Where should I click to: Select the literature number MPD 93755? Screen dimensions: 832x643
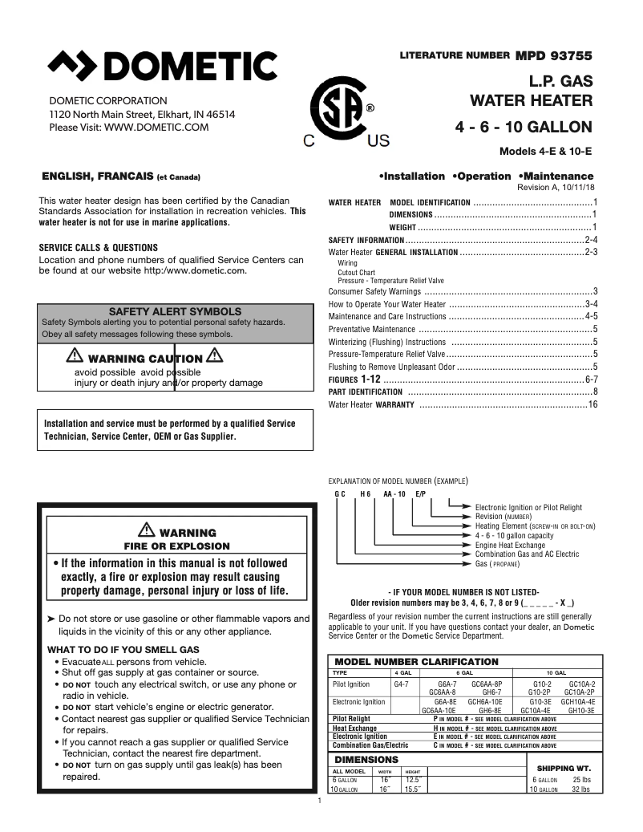click(553, 55)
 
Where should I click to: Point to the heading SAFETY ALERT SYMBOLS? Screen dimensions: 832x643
click(175, 310)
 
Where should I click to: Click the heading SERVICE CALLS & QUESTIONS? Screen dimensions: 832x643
click(99, 248)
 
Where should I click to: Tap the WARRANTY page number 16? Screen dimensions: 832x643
click(592, 404)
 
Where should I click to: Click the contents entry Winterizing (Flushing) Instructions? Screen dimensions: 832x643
click(387, 342)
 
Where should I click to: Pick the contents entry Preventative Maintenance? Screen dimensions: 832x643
click(372, 329)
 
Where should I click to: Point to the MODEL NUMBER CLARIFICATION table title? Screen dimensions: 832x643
click(416, 661)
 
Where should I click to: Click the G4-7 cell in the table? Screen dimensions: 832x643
click(401, 684)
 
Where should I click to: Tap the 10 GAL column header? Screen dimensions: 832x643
click(556, 672)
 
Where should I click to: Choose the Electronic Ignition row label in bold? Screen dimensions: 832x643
click(360, 736)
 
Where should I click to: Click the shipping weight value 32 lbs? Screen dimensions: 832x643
click(581, 789)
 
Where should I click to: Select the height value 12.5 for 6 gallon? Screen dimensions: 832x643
click(413, 779)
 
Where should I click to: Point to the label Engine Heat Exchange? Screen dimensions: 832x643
click(510, 545)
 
